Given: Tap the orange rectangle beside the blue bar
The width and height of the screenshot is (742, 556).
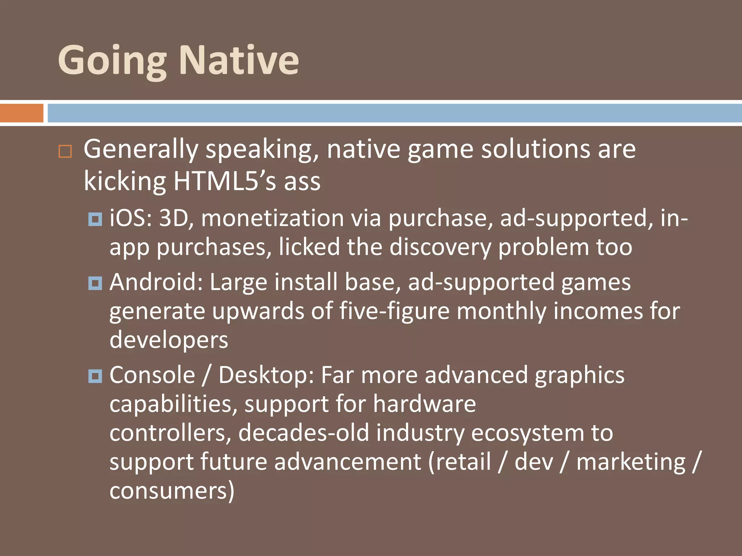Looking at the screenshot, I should coord(21,113).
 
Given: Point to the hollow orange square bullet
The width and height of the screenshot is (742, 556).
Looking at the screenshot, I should coord(65,151).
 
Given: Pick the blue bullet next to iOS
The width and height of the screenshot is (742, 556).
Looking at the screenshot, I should coord(95,219).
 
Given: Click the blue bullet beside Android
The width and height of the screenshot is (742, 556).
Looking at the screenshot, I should coord(95,283).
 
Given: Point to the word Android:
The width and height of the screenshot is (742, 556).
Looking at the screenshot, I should coord(156,282).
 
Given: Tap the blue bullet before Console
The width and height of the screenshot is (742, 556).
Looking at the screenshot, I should coord(95,376).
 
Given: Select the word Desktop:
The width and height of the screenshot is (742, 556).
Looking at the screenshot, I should coord(266,375).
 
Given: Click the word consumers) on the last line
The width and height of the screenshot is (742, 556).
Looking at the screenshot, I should coord(172,491).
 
